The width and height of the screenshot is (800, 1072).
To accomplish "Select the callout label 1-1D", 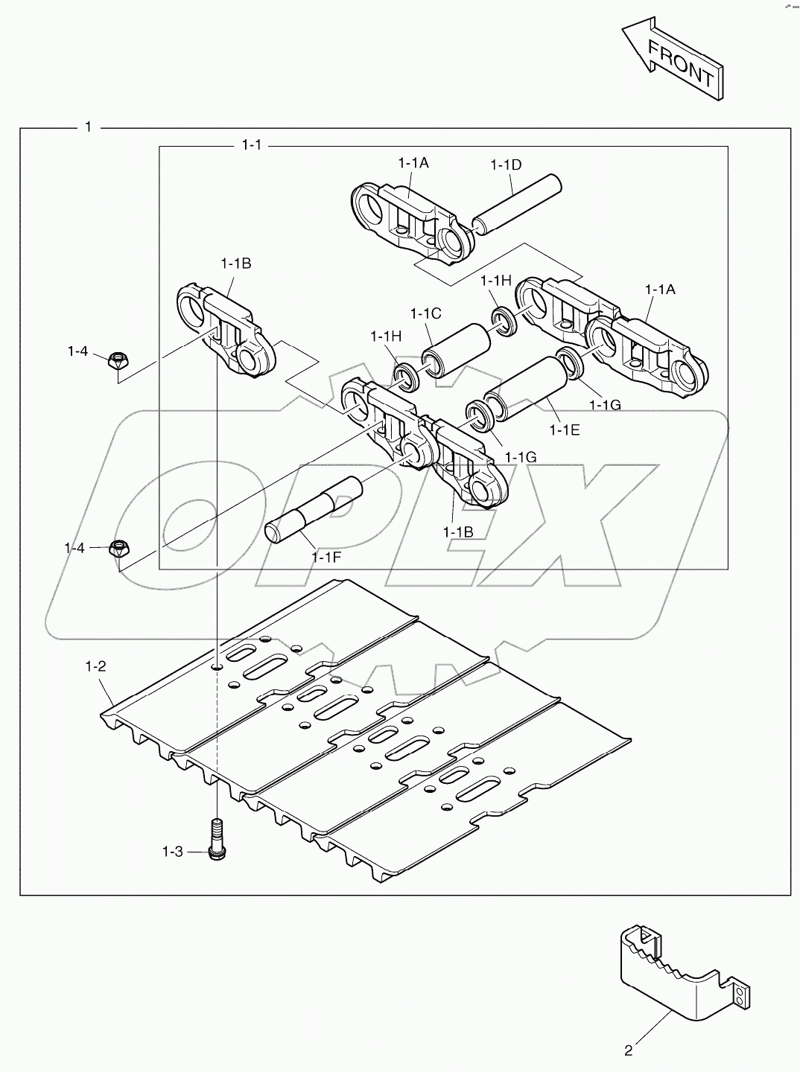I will tap(506, 165).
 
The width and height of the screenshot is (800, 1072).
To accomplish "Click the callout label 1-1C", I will tap(426, 314).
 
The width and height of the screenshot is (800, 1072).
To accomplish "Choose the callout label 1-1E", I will tap(564, 430).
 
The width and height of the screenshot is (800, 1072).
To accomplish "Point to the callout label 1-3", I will tap(173, 851).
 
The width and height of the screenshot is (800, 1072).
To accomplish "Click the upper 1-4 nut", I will tap(117, 361).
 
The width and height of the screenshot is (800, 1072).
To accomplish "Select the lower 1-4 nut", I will tap(119, 550).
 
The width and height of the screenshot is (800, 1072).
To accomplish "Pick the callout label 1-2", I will tap(96, 666).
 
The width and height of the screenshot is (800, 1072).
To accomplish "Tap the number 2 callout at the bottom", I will tap(629, 1051).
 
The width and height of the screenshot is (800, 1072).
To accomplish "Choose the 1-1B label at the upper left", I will tap(236, 263).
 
